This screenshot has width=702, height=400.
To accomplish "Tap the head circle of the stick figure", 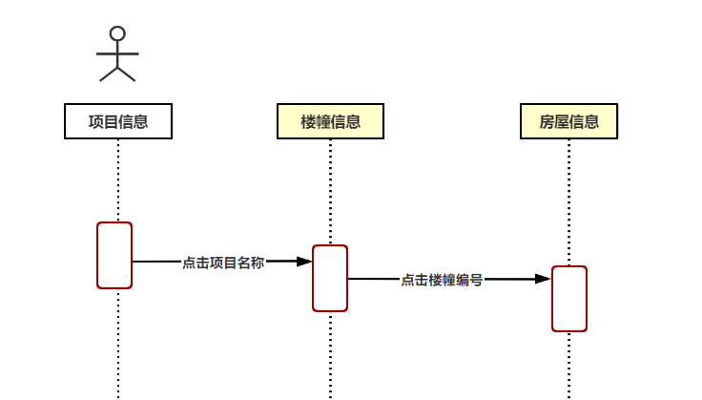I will (117, 34).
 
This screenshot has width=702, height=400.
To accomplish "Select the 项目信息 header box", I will (118, 121).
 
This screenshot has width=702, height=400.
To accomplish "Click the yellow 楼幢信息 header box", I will (330, 121).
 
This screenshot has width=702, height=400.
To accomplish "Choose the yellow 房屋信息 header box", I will (568, 121).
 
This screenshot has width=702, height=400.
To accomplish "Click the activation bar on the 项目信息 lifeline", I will (114, 255).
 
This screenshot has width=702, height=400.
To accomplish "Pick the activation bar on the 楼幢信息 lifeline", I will (330, 278).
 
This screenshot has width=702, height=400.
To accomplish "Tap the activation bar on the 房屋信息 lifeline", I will (568, 299).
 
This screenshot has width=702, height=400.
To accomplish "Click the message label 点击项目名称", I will (223, 263).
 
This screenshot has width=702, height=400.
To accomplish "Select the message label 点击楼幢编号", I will (442, 280).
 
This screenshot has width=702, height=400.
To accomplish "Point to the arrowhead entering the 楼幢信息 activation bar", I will (304, 261).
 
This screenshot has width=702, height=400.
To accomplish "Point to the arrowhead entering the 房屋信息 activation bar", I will (543, 279).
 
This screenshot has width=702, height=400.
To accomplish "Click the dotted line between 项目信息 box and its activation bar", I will (118, 180).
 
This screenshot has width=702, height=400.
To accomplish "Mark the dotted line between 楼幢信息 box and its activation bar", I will (330, 191).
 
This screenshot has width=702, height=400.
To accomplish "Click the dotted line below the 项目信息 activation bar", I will (118, 344).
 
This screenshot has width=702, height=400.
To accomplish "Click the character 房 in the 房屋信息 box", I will (547, 121).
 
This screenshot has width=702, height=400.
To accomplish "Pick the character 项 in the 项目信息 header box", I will (95, 121).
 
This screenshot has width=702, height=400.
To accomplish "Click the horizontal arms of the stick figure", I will (117, 53).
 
